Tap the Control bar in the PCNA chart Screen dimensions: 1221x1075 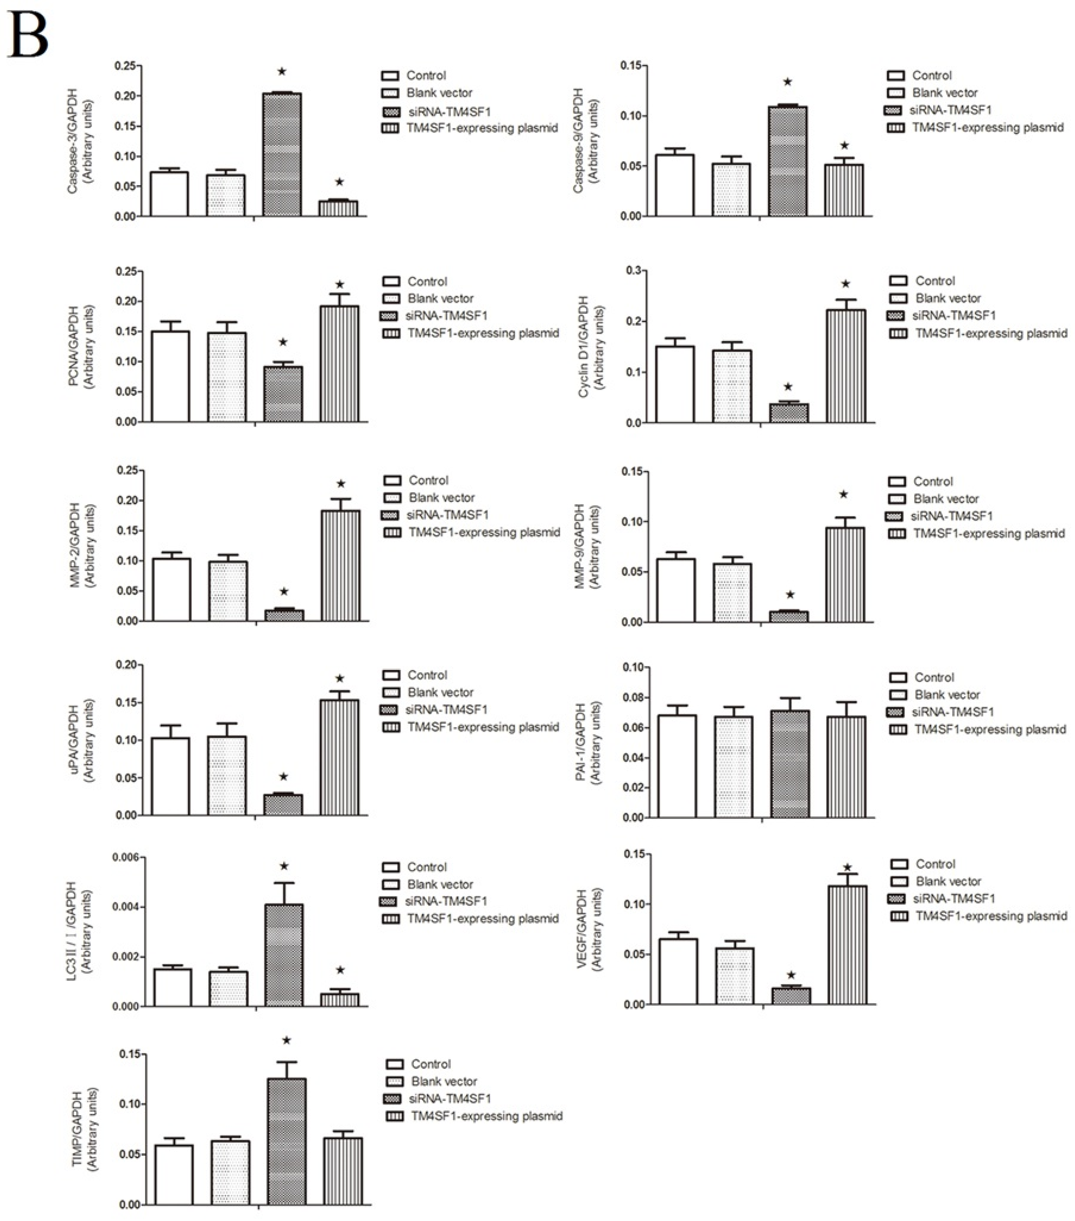(x=170, y=376)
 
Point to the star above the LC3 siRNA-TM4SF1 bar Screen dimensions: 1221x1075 (x=284, y=866)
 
